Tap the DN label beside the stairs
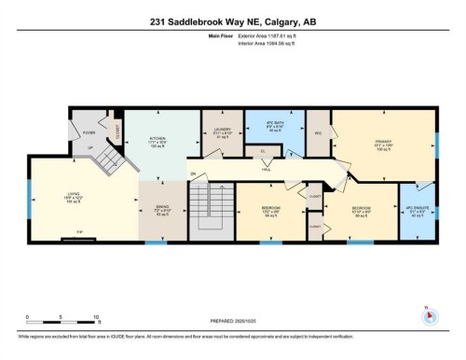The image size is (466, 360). [193, 174]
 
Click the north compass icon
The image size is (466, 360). [430, 313]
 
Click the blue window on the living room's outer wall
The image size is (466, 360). [30, 198]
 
